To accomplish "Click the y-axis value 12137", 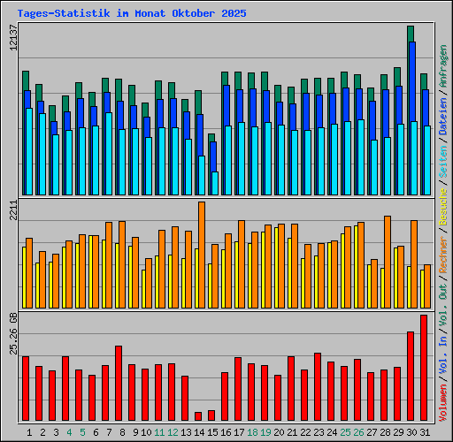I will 12,42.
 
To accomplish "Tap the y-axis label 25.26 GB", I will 12,333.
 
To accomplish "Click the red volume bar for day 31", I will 424,368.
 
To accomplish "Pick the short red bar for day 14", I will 198,415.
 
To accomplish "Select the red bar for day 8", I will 119,383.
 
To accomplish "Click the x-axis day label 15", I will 212,432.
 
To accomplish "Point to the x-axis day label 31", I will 425,432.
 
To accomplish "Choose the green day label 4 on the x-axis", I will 69,432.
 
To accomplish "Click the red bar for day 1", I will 26,389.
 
